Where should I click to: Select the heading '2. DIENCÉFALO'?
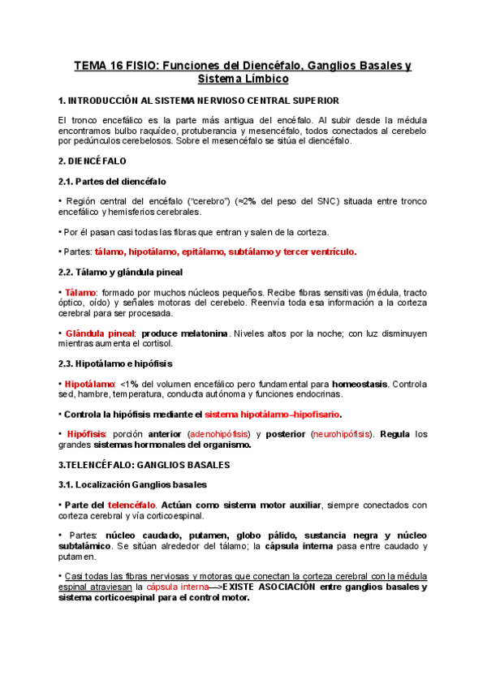click(x=93, y=161)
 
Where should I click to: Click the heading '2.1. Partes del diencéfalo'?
click(x=113, y=181)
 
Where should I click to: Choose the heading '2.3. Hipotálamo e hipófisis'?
click(x=115, y=363)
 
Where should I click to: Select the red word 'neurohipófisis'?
click(x=342, y=434)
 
